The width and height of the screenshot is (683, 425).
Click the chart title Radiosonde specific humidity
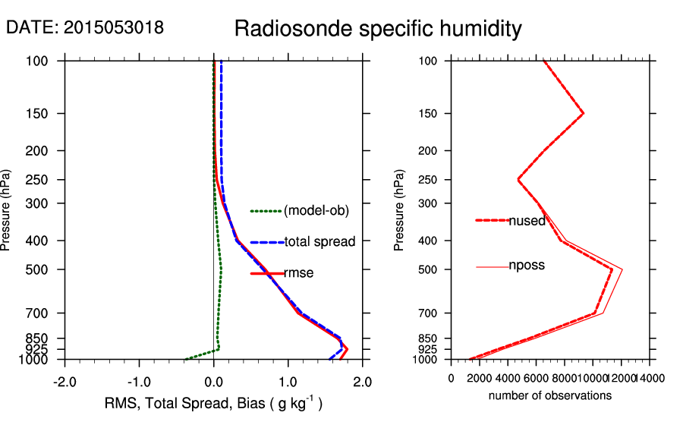click(377, 30)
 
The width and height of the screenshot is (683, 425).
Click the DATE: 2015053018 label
click(84, 28)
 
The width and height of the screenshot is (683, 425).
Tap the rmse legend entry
click(298, 273)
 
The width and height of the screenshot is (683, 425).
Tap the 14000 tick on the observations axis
click(647, 378)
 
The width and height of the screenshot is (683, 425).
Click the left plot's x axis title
click(213, 404)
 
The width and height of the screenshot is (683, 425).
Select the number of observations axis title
click(550, 395)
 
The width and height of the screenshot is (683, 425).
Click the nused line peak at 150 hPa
click(583, 113)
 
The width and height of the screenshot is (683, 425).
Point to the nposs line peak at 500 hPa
click(622, 269)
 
